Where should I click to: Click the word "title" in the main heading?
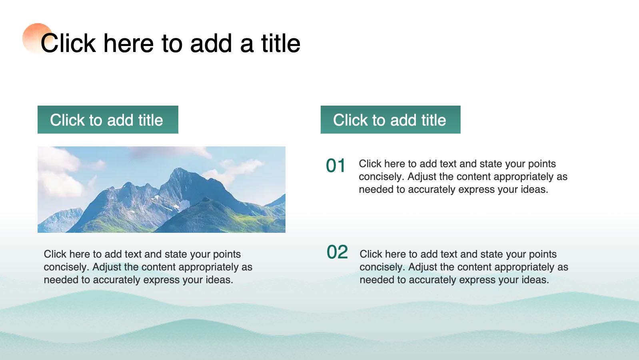[x=281, y=43]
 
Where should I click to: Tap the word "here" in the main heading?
[x=129, y=43]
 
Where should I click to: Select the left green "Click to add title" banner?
[x=108, y=120]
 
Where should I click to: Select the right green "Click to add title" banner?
[x=391, y=120]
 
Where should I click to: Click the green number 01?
[x=336, y=166]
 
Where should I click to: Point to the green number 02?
[x=337, y=252]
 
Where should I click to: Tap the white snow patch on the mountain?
[x=184, y=205]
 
